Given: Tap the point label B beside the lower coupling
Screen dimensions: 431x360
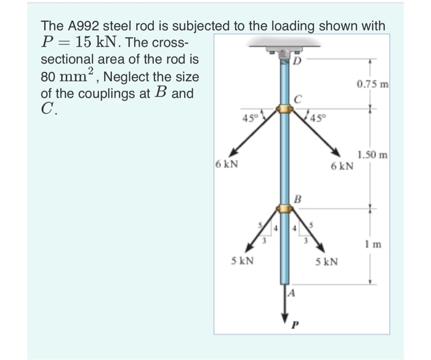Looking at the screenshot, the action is (x=298, y=198).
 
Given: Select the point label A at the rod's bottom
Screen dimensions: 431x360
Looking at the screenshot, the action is (x=293, y=294).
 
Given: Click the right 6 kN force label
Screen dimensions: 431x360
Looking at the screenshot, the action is (x=342, y=166).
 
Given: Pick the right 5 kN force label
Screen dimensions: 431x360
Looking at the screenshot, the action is (x=326, y=262).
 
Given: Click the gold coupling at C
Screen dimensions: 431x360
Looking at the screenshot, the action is (x=284, y=110).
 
